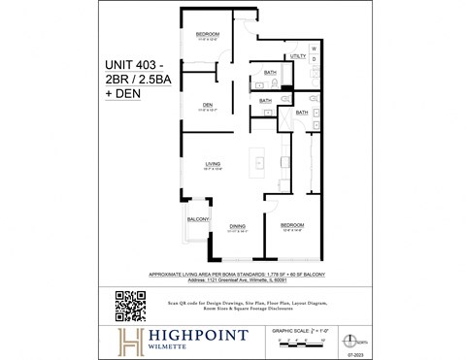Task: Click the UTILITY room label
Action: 298,57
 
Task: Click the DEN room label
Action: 208,105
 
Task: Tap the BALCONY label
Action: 198,220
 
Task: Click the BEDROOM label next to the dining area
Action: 293,226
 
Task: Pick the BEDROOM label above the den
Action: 208,35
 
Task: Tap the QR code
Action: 130,306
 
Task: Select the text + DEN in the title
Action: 123,99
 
